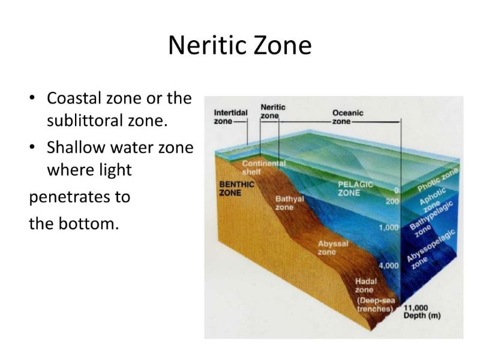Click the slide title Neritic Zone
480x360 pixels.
coord(239,46)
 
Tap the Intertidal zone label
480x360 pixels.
coord(230,117)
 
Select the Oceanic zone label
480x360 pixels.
coord(348,117)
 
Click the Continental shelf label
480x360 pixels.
coord(263,168)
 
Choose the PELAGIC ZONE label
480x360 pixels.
coord(355,188)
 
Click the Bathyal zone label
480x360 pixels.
coord(289,203)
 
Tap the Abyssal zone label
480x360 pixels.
coord(333,248)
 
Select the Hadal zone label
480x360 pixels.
coord(366,286)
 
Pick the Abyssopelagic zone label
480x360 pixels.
coord(431,250)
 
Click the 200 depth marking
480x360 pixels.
coord(392,201)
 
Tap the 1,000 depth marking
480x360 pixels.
coord(389,227)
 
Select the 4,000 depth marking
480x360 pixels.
coord(389,265)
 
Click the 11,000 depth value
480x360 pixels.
coord(416,308)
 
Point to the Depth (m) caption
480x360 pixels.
coord(422,316)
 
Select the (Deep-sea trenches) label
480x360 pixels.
coord(376,305)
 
